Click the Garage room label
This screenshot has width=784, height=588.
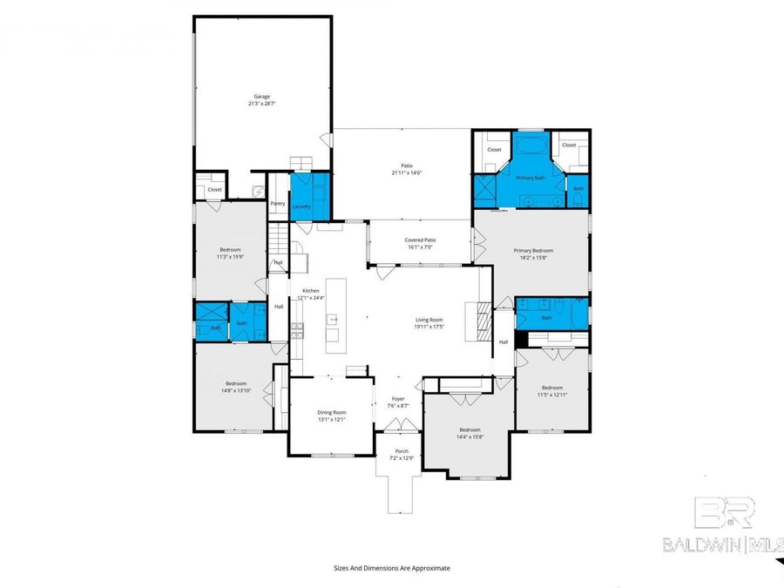click(261, 96)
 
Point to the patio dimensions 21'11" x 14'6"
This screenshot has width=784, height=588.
click(406, 172)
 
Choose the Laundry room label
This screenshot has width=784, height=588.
click(301, 206)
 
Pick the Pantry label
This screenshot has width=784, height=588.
click(278, 203)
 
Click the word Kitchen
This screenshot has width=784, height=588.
click(311, 290)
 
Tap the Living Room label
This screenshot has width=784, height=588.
click(429, 320)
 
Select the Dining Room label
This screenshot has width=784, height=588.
click(332, 412)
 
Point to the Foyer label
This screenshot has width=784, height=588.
click(398, 399)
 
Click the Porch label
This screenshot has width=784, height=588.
click(402, 450)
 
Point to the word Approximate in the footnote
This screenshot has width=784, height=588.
click(427, 568)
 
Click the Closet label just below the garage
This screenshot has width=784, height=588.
click(214, 189)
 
